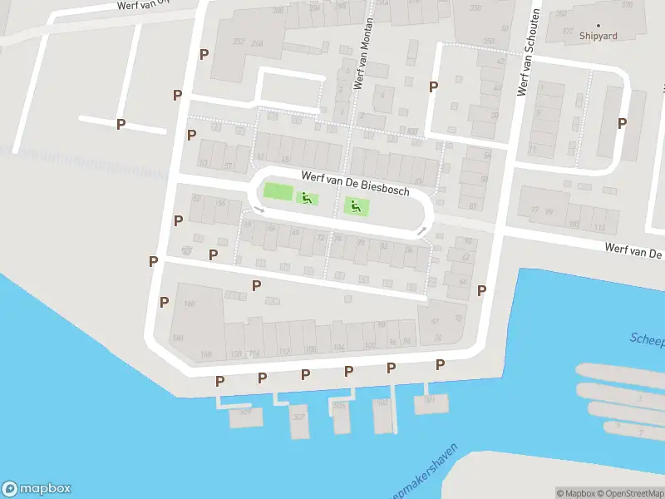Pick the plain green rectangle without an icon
pos(278,191)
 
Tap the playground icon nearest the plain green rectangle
pos(307,198)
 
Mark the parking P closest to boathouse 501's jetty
pos(440,364)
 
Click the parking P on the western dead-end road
pos(121,125)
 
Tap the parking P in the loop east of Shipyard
pos(622,123)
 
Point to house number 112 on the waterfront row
pos(285,350)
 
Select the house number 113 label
pos(598,225)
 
